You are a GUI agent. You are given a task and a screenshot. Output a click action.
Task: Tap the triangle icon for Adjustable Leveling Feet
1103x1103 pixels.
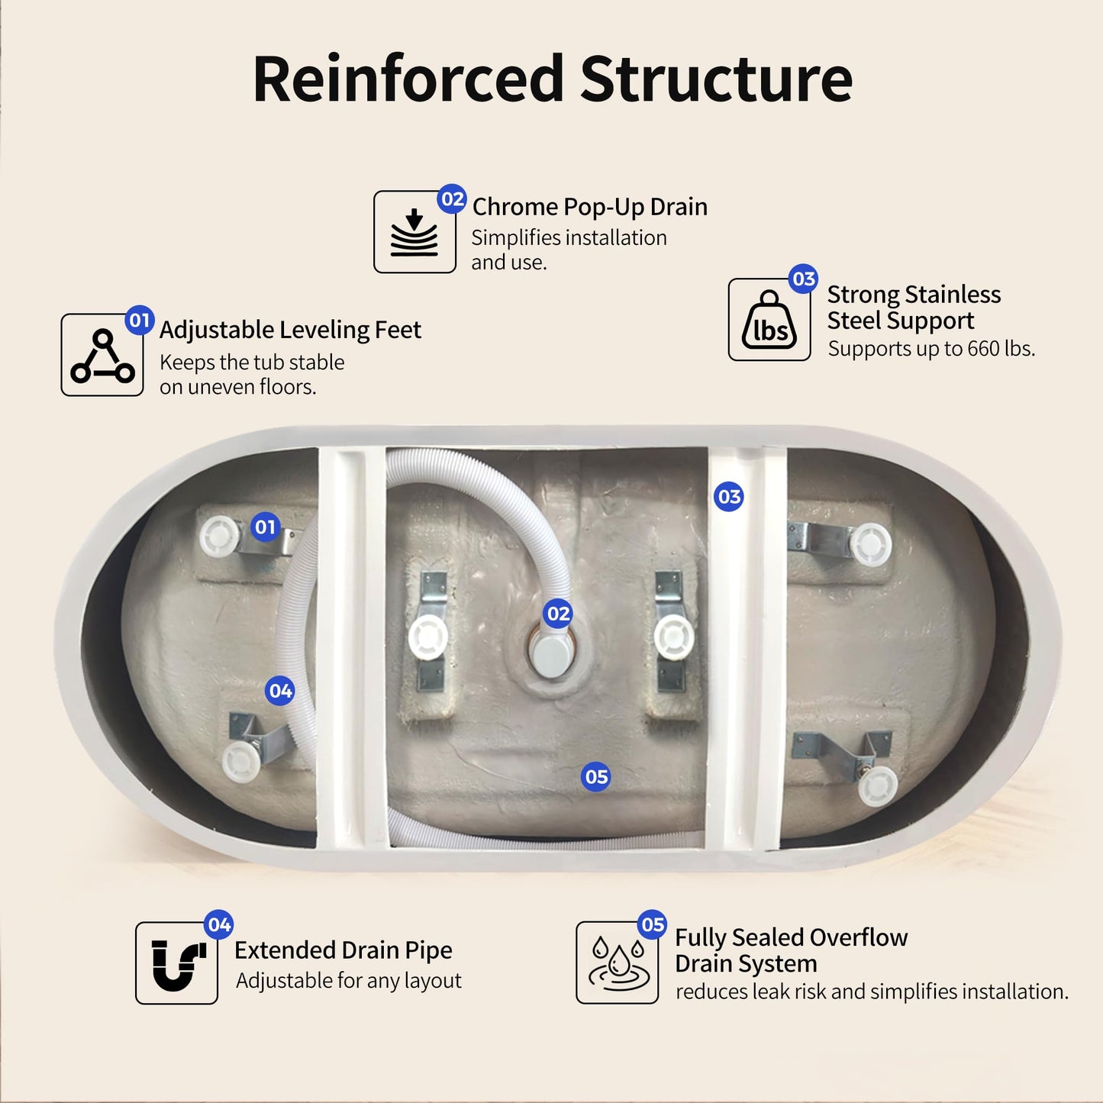point(102,355)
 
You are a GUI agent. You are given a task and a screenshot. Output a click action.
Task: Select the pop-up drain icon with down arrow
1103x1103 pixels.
point(414,232)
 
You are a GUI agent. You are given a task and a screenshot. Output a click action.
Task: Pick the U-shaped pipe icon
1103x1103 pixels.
point(177,965)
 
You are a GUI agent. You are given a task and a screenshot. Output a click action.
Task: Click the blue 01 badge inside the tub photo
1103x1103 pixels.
point(265,527)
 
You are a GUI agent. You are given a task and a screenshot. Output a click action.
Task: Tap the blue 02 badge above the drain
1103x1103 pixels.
point(559,614)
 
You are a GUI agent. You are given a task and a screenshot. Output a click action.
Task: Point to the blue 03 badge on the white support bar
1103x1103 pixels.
point(729,497)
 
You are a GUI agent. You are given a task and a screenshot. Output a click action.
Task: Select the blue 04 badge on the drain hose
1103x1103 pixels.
point(280,691)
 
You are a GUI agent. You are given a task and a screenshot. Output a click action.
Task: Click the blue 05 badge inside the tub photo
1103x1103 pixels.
point(596,777)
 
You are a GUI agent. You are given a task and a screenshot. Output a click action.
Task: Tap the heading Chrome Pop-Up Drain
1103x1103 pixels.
point(589,207)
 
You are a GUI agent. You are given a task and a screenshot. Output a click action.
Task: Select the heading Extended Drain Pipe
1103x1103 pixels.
point(343,950)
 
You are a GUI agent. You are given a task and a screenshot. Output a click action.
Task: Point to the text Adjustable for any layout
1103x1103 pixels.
point(349,981)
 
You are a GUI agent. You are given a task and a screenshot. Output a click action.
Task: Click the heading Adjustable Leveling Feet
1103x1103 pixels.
point(290,330)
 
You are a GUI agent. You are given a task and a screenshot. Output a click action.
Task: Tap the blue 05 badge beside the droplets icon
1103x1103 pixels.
point(653,924)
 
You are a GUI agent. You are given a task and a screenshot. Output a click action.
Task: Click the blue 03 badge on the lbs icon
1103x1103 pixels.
point(804,279)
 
